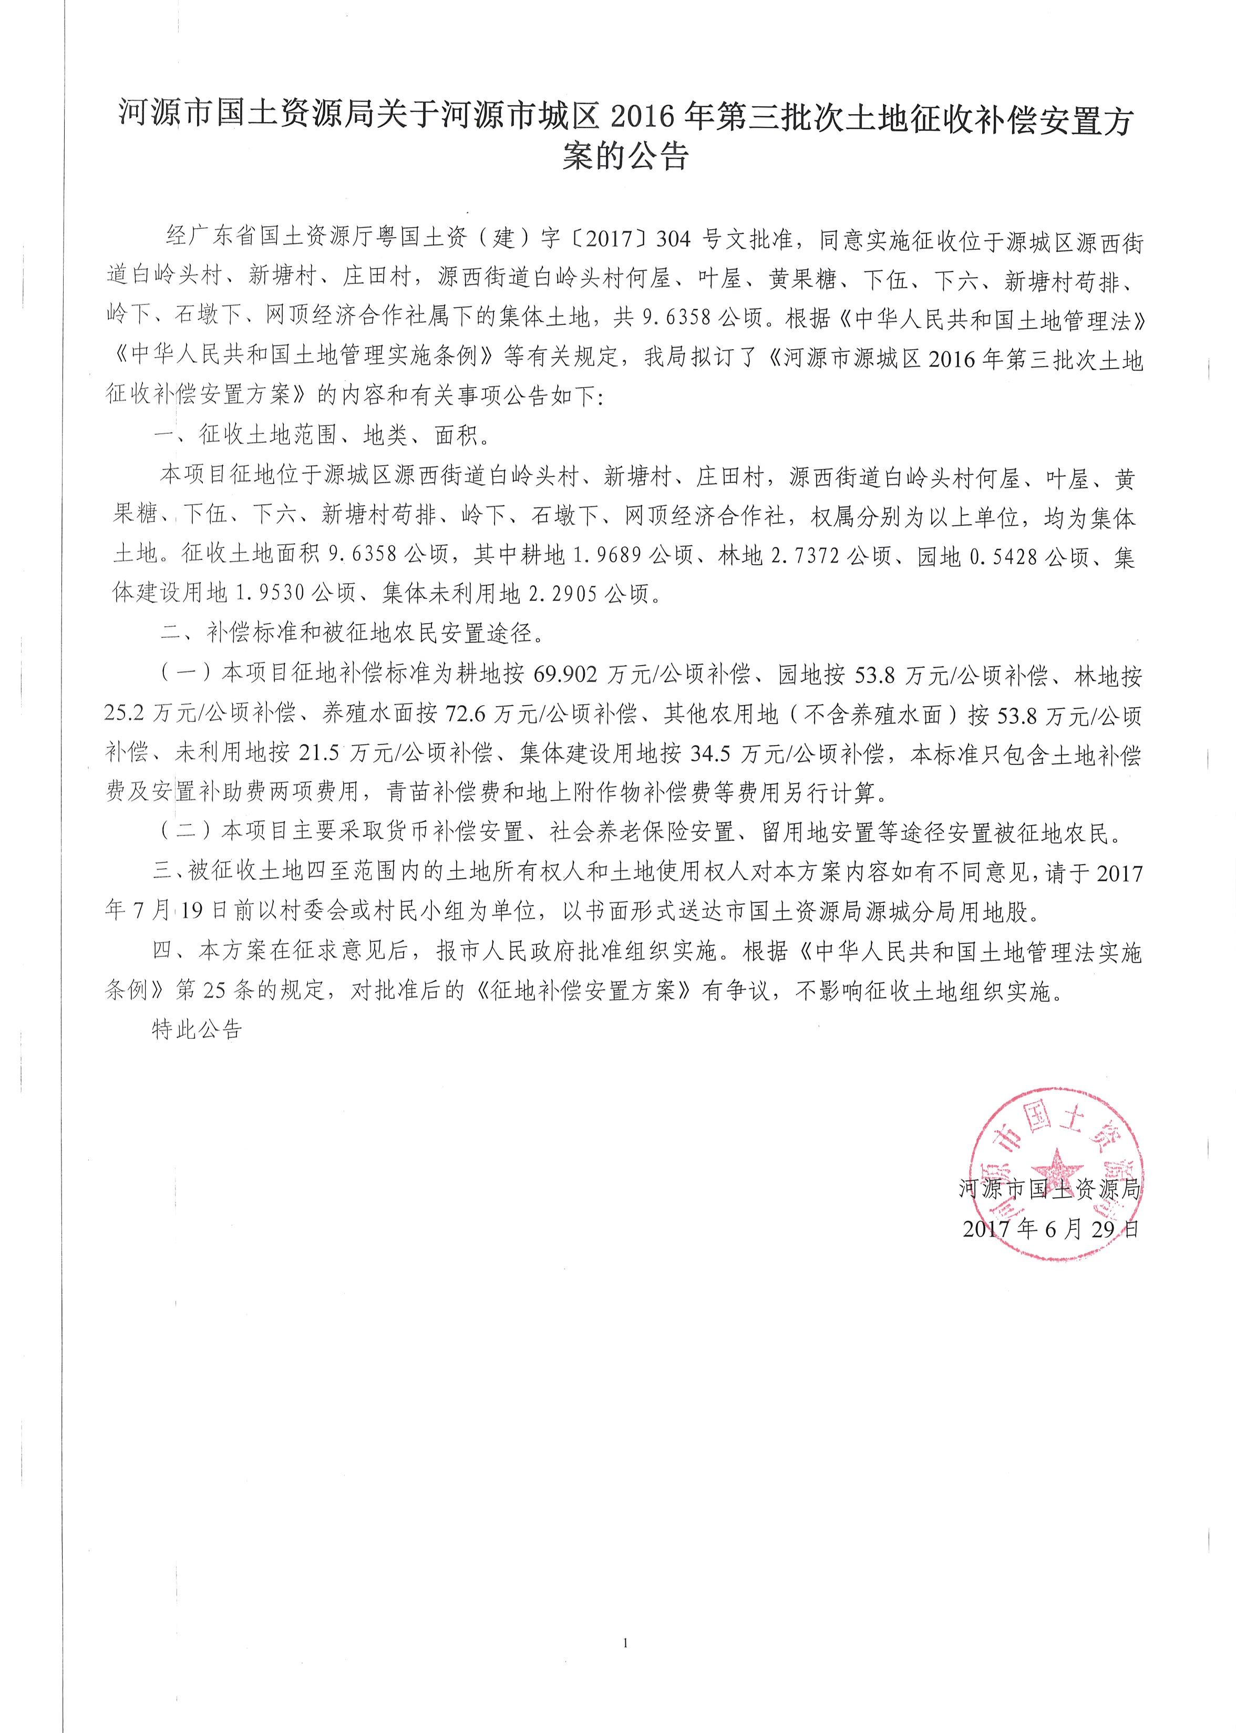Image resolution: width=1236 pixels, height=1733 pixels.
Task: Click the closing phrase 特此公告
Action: click(197, 1029)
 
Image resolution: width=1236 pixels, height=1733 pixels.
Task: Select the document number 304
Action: click(673, 239)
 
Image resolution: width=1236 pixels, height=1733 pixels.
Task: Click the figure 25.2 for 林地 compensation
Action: click(124, 714)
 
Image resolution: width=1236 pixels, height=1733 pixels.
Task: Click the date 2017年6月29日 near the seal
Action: click(1051, 1229)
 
